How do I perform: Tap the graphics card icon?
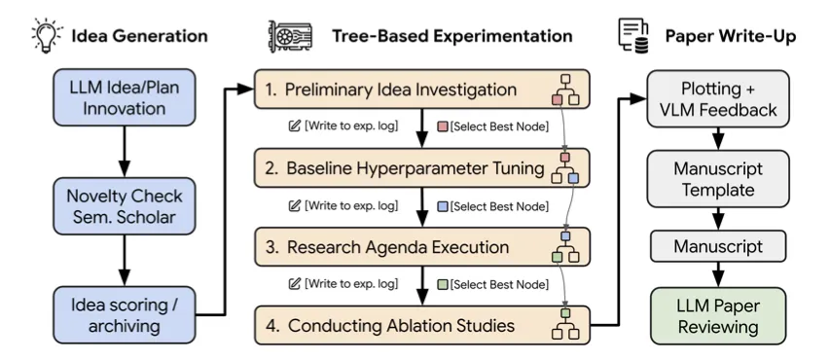[x=290, y=36]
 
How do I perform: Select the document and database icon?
[x=633, y=36]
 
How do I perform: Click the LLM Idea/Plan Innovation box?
[x=125, y=97]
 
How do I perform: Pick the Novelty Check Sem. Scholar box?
[x=125, y=206]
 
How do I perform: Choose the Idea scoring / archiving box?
[x=125, y=315]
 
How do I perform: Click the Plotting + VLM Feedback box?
[x=718, y=99]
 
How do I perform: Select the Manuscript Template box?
[x=718, y=178]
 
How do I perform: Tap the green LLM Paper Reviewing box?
[x=718, y=315]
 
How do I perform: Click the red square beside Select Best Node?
[x=442, y=126]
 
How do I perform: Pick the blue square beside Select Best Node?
[x=442, y=205]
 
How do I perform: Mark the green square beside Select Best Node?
[x=442, y=284]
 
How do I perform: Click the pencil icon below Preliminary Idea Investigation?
[x=294, y=126]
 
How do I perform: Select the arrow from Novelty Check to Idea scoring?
[x=125, y=260]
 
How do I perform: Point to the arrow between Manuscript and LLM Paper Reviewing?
[x=718, y=274]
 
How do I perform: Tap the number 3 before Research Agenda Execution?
[x=271, y=248]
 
